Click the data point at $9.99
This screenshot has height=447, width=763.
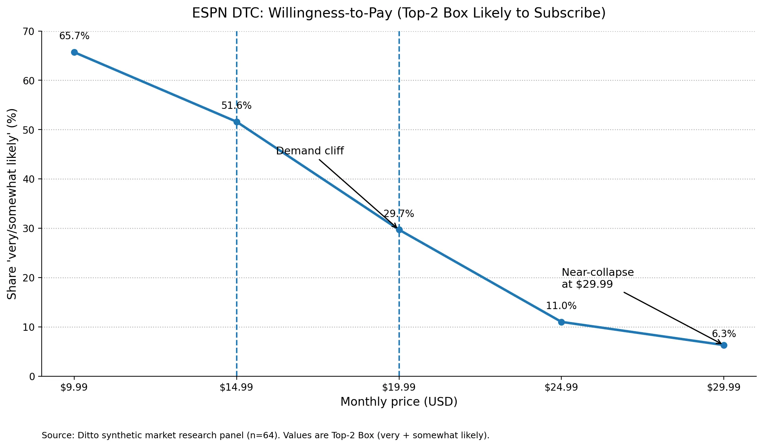click(74, 53)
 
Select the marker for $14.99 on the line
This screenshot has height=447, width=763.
click(237, 122)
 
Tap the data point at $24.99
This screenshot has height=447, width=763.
click(561, 322)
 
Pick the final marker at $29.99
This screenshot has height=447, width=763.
click(724, 345)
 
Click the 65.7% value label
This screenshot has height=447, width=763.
click(74, 36)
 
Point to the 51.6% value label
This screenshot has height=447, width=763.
click(236, 106)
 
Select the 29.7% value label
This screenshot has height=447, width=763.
click(398, 214)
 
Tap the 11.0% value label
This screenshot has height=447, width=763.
click(561, 306)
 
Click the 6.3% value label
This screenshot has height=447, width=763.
click(724, 334)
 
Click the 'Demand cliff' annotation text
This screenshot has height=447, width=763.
click(310, 151)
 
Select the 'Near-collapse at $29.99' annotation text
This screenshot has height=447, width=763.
click(597, 278)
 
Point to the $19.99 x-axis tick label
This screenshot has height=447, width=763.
click(399, 387)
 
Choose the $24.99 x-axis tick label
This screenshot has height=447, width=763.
click(561, 387)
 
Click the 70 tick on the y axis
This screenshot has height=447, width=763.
click(28, 32)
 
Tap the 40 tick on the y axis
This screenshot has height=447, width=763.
click(28, 179)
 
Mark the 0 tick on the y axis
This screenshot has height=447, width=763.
click(32, 377)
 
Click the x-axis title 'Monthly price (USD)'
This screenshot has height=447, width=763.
click(399, 402)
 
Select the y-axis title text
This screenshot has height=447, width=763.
click(12, 204)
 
